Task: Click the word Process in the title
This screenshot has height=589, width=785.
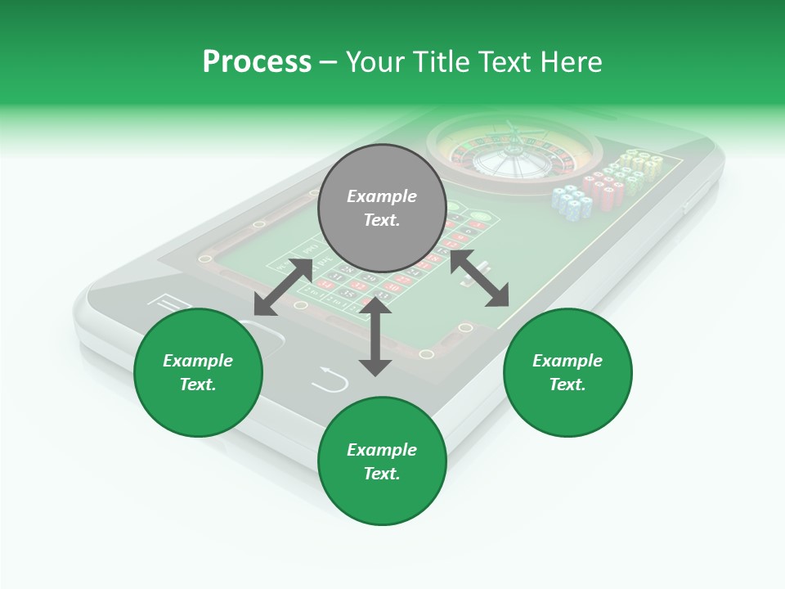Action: tap(257, 62)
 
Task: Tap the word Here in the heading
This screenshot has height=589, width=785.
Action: tap(571, 62)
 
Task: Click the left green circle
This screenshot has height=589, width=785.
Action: tap(198, 372)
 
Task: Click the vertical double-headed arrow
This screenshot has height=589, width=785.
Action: tap(375, 336)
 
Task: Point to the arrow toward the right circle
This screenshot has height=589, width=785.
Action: tap(479, 278)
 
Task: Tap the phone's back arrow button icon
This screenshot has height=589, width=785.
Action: tap(330, 380)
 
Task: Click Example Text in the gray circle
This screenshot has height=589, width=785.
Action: tap(382, 208)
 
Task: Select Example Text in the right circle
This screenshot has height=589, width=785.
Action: tap(567, 372)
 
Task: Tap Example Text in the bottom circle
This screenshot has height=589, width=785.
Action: tap(382, 461)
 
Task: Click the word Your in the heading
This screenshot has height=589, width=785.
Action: tap(376, 62)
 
